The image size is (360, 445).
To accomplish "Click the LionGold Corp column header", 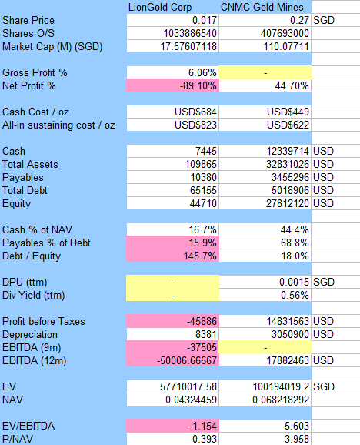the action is point(160,8).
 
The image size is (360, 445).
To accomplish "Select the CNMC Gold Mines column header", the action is point(262,7).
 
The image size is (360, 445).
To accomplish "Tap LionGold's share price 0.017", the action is point(205,21).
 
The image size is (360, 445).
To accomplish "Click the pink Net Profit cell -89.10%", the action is point(172,85).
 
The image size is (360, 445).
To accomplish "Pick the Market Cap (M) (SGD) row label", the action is point(52,46).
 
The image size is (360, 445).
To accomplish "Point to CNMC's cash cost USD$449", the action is point(288,112).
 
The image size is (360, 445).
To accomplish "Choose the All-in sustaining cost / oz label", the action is point(58,125).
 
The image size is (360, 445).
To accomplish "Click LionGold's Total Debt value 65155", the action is point(203,190).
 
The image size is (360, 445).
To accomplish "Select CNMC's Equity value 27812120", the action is point(288,203).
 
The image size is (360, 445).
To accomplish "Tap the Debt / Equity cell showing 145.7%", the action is point(172,256).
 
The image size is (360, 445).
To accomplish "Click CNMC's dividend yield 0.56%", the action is point(295,295).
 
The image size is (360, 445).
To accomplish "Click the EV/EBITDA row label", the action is point(28,426).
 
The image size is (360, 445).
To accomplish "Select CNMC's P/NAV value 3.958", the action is point(296,439).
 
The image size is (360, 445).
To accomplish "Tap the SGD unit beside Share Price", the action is point(324,21).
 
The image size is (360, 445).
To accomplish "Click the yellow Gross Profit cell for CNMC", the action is point(265,72).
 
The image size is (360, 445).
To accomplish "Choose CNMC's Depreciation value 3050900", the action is point(290,334).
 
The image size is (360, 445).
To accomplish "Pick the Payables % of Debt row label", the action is point(46,243).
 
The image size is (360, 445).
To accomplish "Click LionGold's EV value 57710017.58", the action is point(188,386).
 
